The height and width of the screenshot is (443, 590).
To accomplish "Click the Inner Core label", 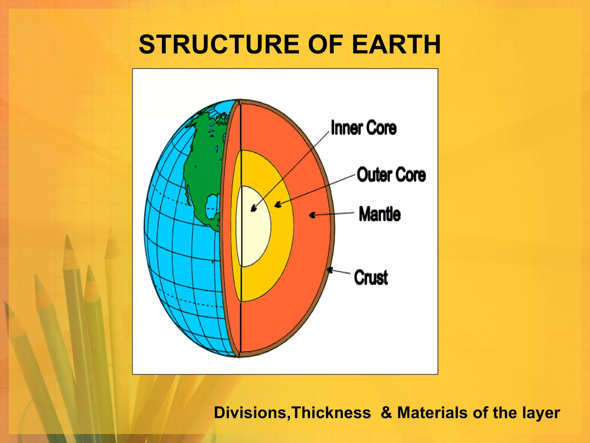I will point(364,128).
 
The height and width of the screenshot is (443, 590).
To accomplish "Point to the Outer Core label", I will point(391,175).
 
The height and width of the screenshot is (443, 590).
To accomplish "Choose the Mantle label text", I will point(380,214).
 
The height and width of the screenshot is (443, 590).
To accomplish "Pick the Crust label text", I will point(371,277).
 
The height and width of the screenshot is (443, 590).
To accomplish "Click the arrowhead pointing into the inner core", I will point(254,208).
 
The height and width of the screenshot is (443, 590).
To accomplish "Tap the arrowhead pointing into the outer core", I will point(278,205).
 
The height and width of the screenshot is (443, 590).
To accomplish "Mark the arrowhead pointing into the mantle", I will point(312,215).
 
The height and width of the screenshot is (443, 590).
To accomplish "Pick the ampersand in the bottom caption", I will point(386,413).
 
